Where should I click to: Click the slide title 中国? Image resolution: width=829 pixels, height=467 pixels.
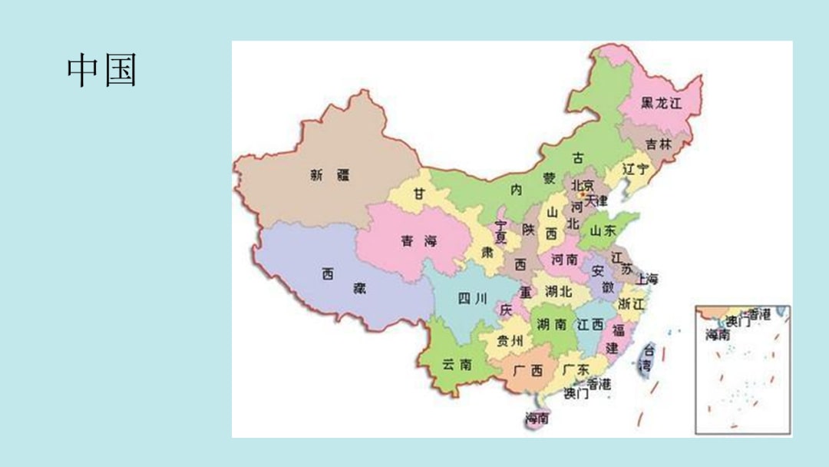(x=101, y=71)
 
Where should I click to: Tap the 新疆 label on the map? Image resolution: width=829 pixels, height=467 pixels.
(x=329, y=175)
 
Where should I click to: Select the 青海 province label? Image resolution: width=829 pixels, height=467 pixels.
(x=418, y=241)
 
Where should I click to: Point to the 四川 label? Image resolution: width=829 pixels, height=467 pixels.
(x=472, y=299)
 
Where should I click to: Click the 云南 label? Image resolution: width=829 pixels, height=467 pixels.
(x=457, y=365)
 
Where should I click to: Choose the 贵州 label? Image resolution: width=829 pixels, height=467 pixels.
(x=510, y=340)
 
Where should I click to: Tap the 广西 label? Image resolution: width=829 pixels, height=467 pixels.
(x=527, y=370)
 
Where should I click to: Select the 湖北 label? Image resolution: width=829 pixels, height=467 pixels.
(x=558, y=291)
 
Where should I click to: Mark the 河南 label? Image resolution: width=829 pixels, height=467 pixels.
(x=565, y=260)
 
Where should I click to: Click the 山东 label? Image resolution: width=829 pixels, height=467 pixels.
(x=603, y=230)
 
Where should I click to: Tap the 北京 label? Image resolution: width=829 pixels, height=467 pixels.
(x=582, y=185)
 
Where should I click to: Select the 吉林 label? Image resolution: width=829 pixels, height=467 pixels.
(x=658, y=144)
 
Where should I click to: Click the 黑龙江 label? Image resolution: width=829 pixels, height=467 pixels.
(x=661, y=103)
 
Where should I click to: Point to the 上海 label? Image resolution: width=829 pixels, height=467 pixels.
(x=647, y=278)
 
